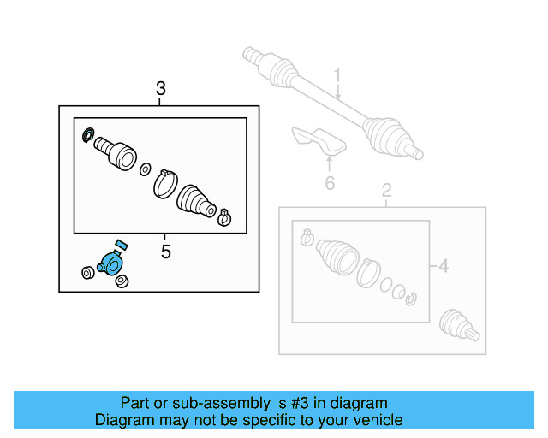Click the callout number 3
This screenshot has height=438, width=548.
click(x=161, y=88)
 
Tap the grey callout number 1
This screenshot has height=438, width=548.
click(x=337, y=76)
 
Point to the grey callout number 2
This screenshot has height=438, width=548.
click(x=386, y=190)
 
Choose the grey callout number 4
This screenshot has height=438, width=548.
click(x=443, y=267)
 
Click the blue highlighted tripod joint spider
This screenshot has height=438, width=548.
click(x=112, y=264)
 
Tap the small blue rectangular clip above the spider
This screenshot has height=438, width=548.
click(x=121, y=245)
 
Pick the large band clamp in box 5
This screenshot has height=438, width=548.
click(x=164, y=183)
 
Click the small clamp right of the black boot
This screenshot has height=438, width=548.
click(x=224, y=216)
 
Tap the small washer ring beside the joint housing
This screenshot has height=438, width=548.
click(x=145, y=169)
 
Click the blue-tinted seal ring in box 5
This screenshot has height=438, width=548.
click(x=86, y=135)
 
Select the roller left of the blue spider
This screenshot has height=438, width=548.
click(x=86, y=273)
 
